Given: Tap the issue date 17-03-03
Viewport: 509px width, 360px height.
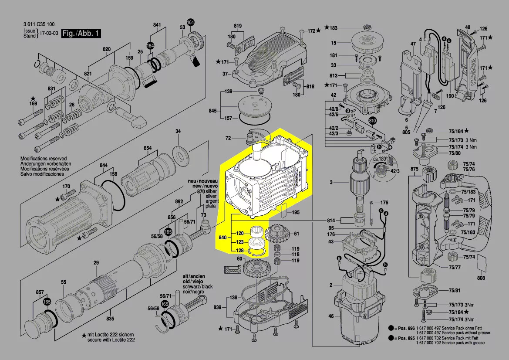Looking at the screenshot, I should pyautogui.click(x=49, y=33).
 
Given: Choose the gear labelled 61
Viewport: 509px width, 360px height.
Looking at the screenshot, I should pyautogui.click(x=274, y=234).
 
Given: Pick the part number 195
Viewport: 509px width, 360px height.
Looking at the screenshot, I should pyautogui.click(x=296, y=212).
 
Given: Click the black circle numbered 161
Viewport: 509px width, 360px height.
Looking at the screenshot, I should pyautogui.click(x=191, y=22).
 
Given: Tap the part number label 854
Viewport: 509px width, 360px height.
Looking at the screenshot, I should pyautogui.click(x=148, y=148).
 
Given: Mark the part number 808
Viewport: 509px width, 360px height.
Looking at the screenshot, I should pyautogui.click(x=481, y=278).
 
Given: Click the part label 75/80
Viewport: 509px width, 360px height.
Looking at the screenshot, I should pyautogui.click(x=455, y=153).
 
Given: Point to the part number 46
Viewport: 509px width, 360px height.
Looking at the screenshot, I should pyautogui.click(x=331, y=316).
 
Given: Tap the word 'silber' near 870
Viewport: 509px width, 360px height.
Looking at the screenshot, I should pyautogui.click(x=211, y=191).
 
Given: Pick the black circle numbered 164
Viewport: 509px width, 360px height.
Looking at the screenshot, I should pyautogui.click(x=150, y=45).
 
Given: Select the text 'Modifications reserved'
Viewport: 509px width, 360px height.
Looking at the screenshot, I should pyautogui.click(x=44, y=159).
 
